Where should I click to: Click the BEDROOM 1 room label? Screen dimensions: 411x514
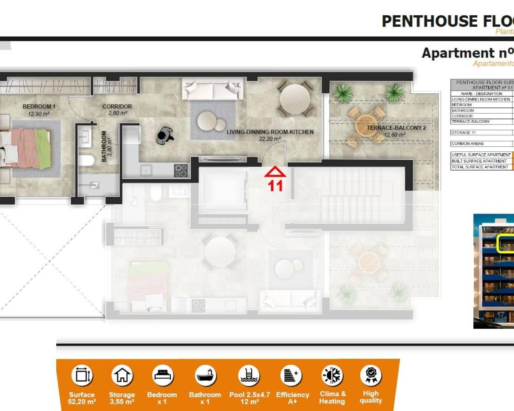click(39, 106)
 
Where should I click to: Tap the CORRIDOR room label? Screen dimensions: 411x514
click(117, 106)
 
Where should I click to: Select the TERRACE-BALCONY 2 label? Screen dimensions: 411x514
click(396, 128)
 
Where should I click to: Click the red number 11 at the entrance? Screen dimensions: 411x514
click(275, 186)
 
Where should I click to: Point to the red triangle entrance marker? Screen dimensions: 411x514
click(275, 172)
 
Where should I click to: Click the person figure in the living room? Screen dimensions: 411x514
click(164, 136)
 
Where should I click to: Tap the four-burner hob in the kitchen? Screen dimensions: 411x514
click(181, 171)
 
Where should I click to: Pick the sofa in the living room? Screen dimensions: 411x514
click(212, 89)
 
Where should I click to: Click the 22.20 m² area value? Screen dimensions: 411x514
click(270, 139)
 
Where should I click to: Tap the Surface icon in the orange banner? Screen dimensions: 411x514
click(82, 376)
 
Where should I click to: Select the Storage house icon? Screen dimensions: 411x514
click(122, 376)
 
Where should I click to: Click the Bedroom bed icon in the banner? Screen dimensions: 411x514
click(163, 376)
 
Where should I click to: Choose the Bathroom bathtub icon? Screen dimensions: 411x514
click(206, 376)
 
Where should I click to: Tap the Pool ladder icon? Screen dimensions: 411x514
click(249, 376)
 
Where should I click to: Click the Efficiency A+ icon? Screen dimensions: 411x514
click(291, 376)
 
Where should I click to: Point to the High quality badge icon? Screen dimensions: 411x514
click(371, 375)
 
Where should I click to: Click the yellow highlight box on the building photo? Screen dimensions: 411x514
click(506, 243)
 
